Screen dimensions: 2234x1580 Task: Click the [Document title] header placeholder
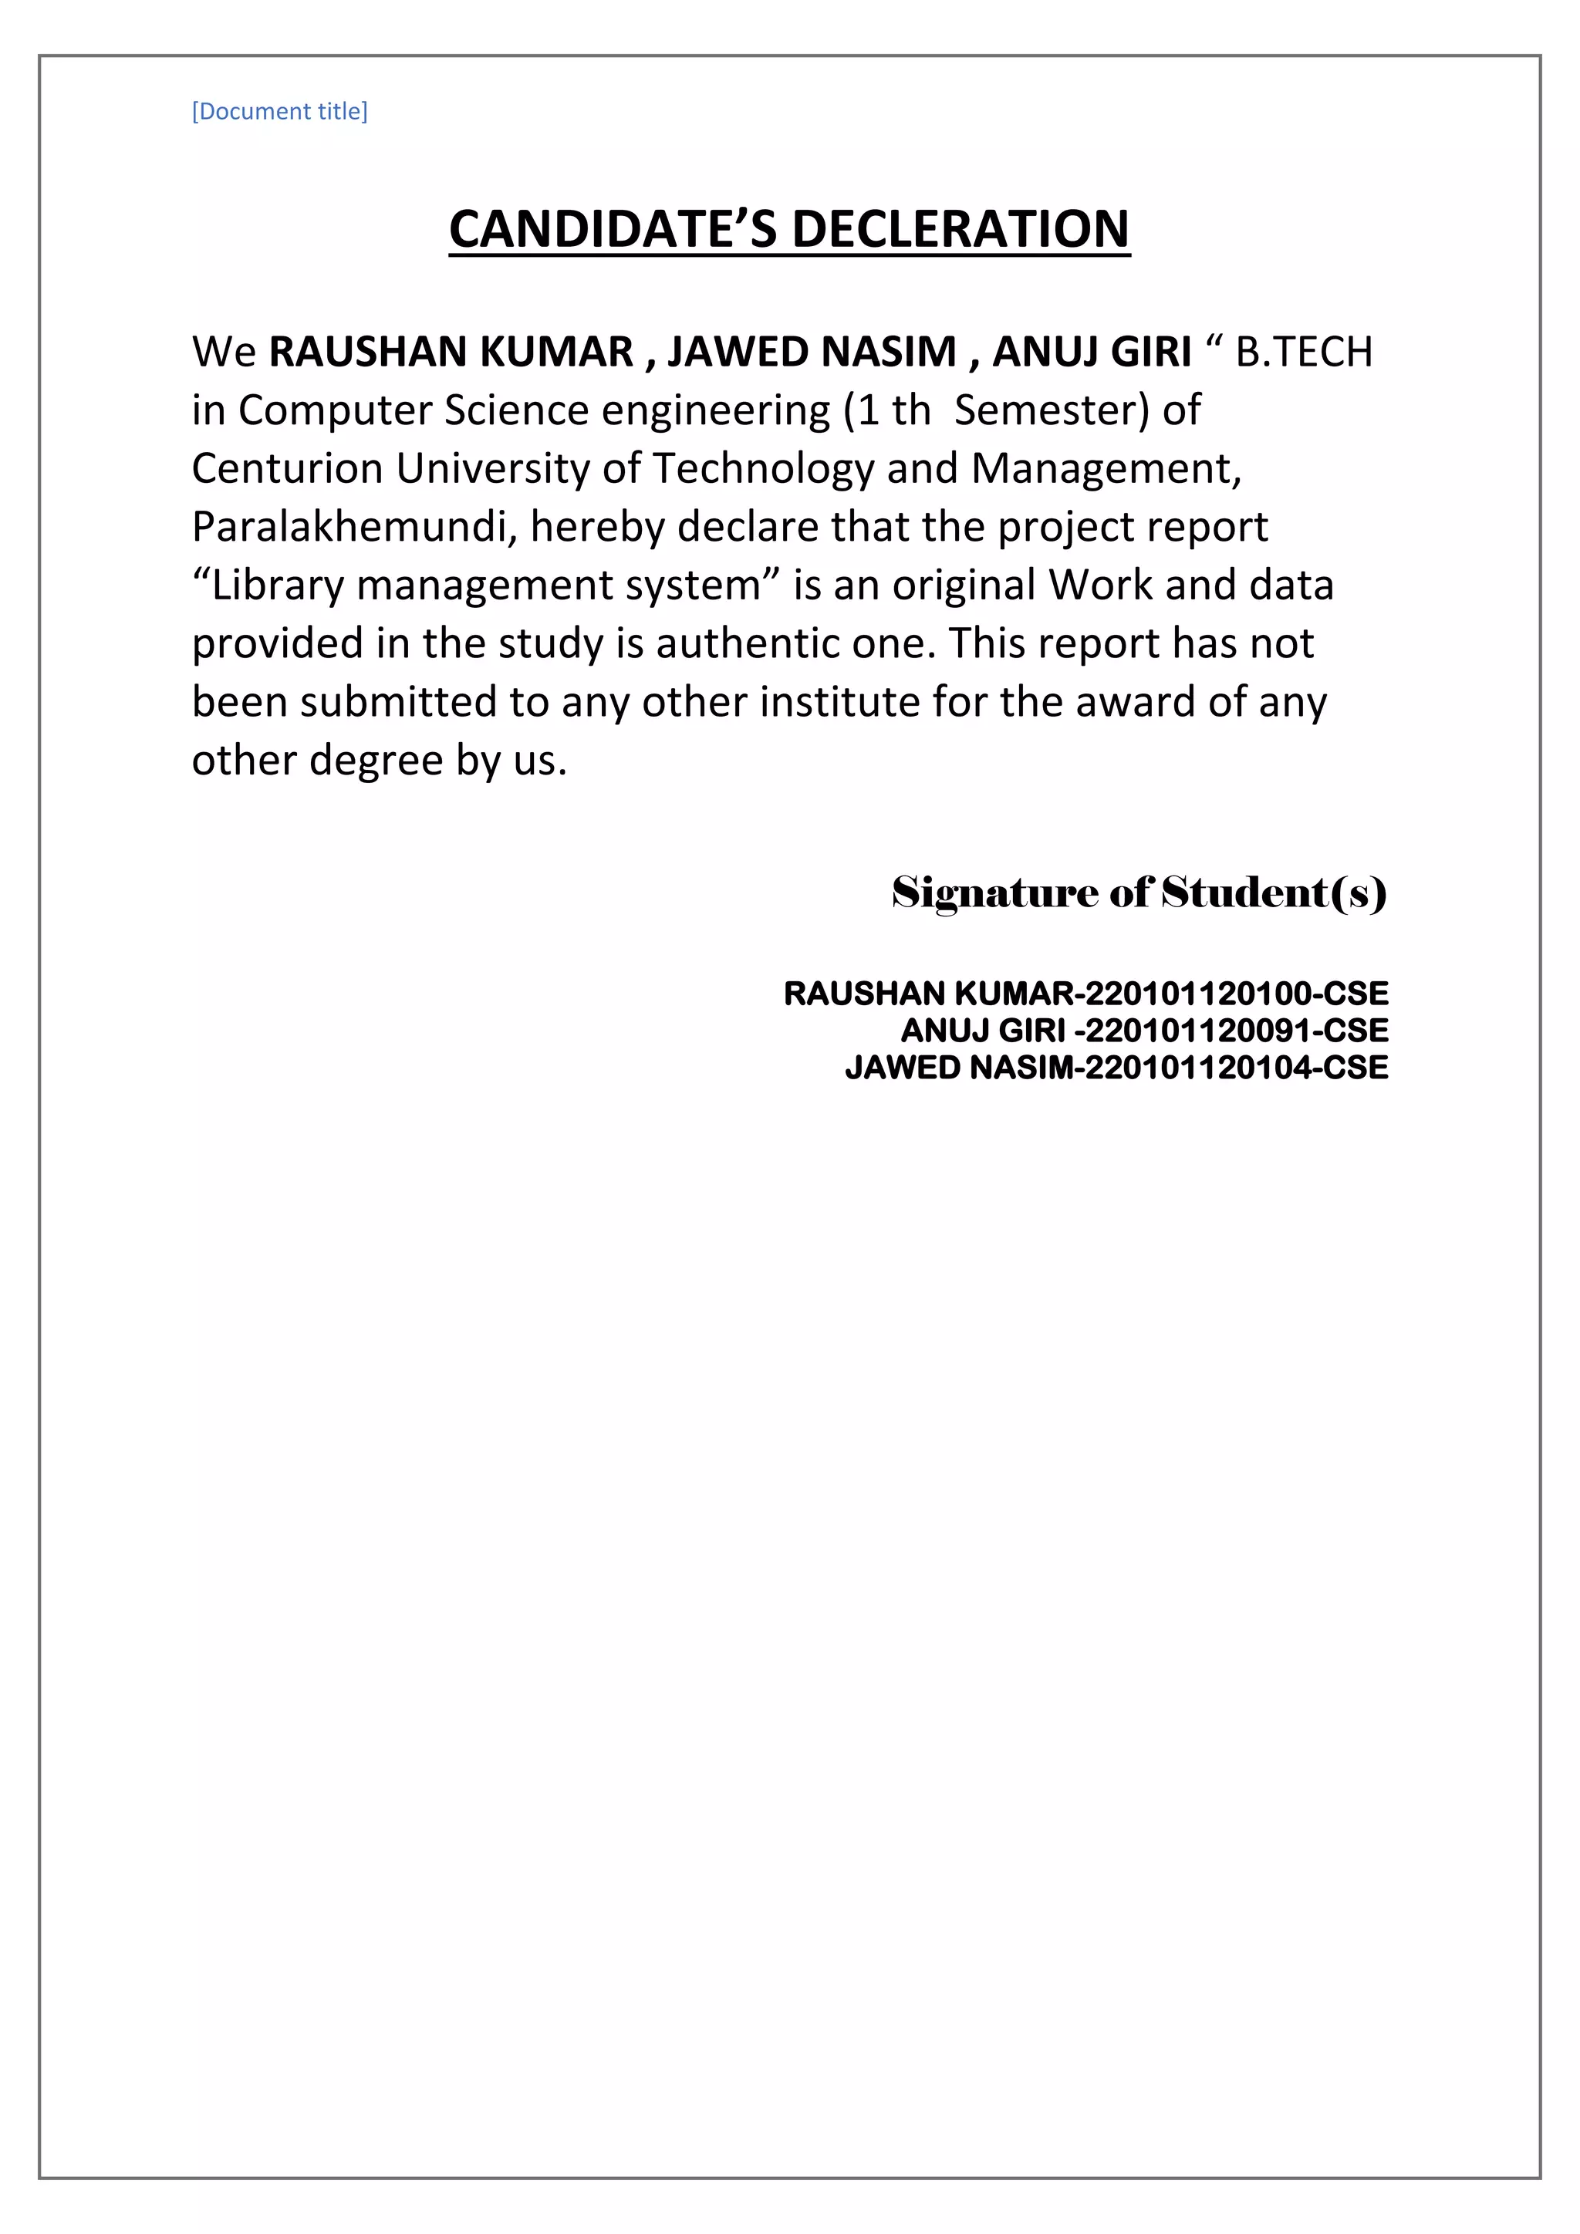(279, 111)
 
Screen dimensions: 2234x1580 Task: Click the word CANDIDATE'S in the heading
(613, 230)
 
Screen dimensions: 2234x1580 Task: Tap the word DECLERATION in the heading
(960, 230)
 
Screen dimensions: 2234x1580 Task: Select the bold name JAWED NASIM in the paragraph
(812, 353)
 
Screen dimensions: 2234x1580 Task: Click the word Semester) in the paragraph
(1052, 410)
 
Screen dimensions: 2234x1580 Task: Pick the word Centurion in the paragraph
(287, 469)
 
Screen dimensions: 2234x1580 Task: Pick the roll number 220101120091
(1197, 1031)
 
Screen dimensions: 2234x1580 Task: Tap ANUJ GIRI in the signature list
(983, 1031)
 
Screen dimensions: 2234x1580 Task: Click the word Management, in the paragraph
(1106, 469)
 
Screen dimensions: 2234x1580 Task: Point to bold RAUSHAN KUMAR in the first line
(451, 353)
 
